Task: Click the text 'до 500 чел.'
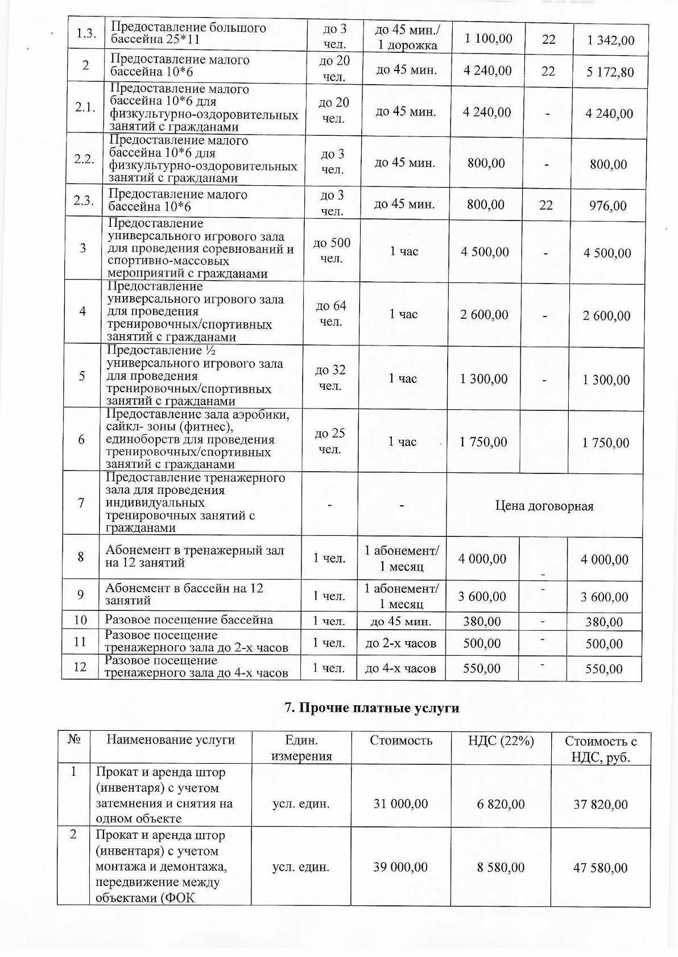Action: (x=332, y=251)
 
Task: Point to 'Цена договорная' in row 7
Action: (x=544, y=506)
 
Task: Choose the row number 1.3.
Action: (x=86, y=33)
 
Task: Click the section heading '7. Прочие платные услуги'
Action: (x=371, y=708)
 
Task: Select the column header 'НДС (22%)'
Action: (x=501, y=740)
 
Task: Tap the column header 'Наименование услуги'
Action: (x=171, y=740)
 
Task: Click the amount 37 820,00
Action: (x=601, y=804)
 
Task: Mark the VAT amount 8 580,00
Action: (x=501, y=868)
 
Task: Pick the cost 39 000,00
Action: (x=400, y=867)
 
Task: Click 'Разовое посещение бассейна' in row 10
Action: (x=189, y=620)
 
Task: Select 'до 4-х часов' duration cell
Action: (x=400, y=669)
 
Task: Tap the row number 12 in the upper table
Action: (x=80, y=667)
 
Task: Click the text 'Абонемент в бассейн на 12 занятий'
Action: (x=184, y=594)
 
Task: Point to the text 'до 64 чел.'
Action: (x=330, y=314)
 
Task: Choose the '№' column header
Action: (x=74, y=740)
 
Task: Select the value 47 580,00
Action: (x=601, y=868)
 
